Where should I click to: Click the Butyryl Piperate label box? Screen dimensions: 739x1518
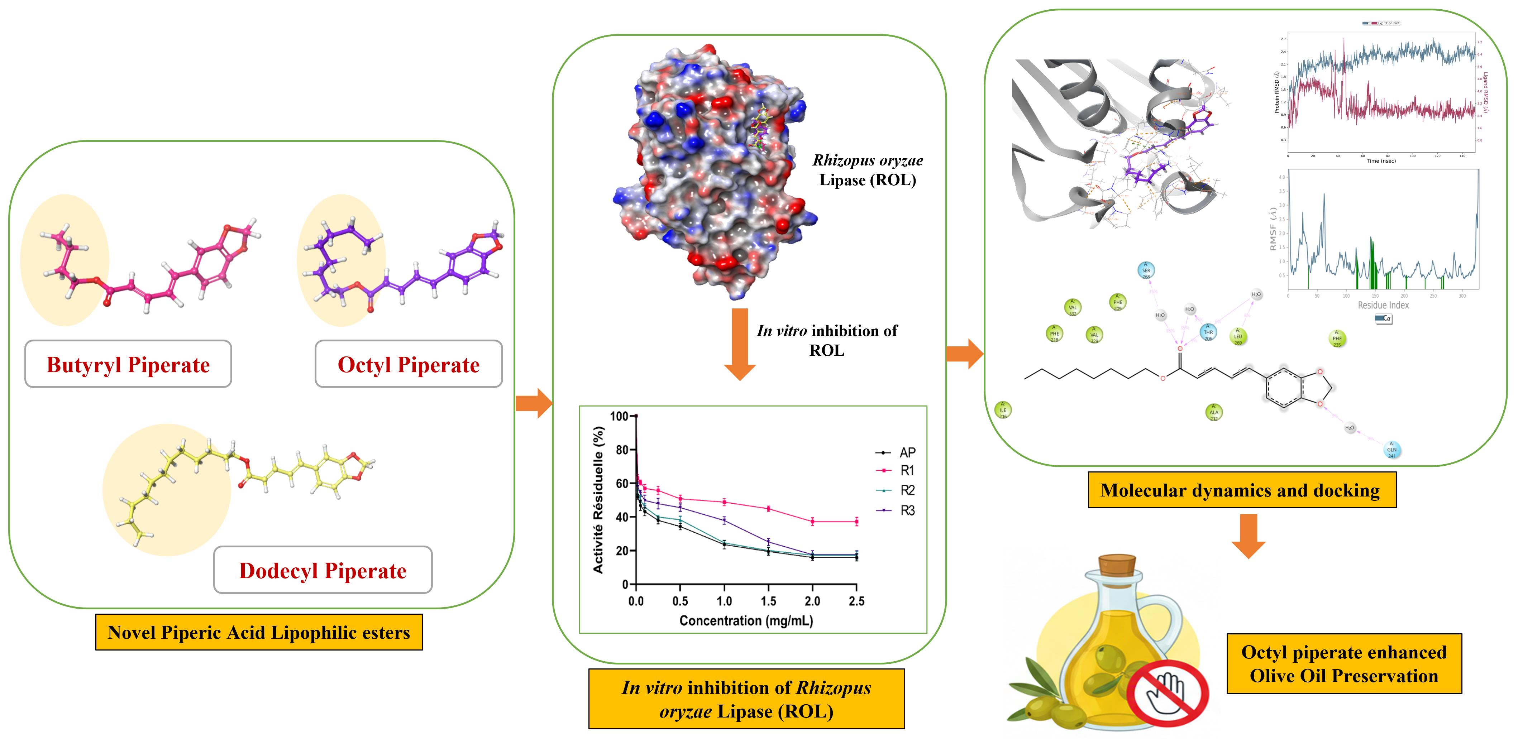(128, 365)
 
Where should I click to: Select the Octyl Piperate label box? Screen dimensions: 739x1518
(409, 365)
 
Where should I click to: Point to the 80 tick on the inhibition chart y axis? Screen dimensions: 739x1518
(622, 450)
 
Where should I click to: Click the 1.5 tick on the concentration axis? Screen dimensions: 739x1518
(768, 601)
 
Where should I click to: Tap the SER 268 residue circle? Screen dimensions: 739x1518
(1146, 270)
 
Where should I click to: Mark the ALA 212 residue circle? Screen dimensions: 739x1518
(1213, 412)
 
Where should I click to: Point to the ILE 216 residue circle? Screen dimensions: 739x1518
(1003, 410)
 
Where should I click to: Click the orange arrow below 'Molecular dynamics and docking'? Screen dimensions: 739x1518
(1248, 535)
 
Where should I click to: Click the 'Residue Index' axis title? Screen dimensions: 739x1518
(1383, 305)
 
